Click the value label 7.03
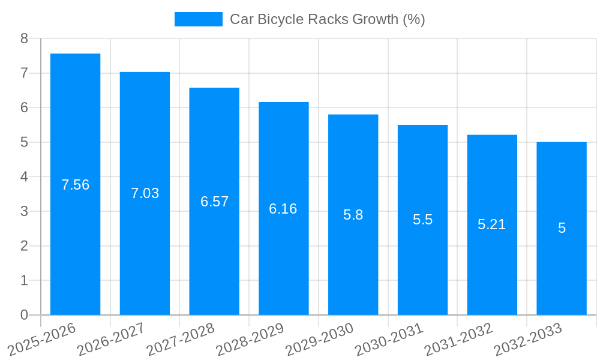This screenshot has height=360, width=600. (145, 193)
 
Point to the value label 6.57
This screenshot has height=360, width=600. (214, 202)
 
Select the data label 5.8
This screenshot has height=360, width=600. (353, 215)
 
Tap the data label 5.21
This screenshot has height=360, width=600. (491, 224)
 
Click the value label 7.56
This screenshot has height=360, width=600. (75, 185)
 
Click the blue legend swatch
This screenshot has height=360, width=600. (198, 19)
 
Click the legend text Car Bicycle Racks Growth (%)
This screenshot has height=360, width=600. (327, 19)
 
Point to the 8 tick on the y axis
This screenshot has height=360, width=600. (24, 38)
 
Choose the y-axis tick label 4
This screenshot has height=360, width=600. (24, 177)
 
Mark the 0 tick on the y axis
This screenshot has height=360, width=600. (24, 315)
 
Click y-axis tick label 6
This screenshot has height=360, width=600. (24, 107)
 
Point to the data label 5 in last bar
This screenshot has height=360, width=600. (562, 228)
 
